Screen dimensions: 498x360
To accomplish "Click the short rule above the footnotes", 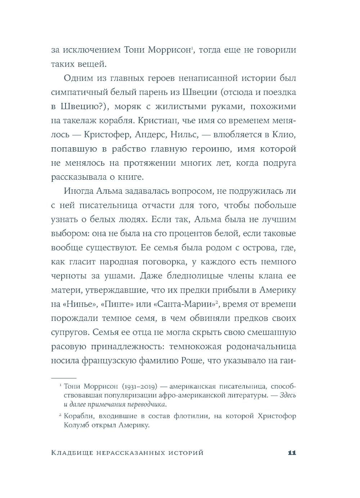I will coord(64,378).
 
